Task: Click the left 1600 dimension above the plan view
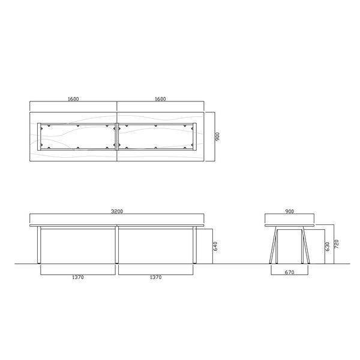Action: click(x=73, y=98)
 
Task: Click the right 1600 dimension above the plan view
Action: click(x=160, y=98)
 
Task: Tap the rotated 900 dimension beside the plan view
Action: click(x=219, y=136)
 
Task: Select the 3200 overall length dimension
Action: click(x=117, y=212)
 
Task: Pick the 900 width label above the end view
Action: click(x=289, y=212)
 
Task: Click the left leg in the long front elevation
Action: click(x=39, y=245)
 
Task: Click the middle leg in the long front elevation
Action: click(x=117, y=245)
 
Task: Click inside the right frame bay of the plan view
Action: click(x=157, y=136)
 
